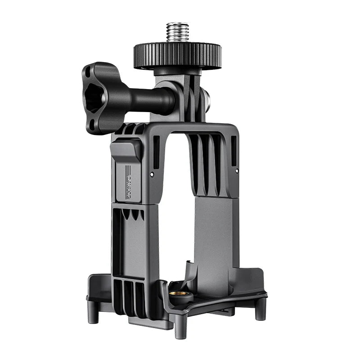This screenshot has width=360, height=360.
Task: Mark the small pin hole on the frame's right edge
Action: (x=236, y=171)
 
